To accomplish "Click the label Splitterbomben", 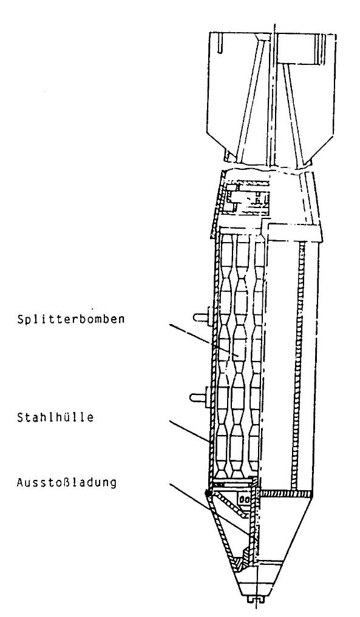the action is point(71,319).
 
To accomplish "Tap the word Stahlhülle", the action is point(55,417).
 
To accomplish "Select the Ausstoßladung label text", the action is point(67,482).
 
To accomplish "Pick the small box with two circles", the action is point(244,499).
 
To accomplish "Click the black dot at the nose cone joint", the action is point(208,492).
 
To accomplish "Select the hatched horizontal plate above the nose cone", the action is point(287,493).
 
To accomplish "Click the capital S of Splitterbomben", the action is point(21,319).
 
